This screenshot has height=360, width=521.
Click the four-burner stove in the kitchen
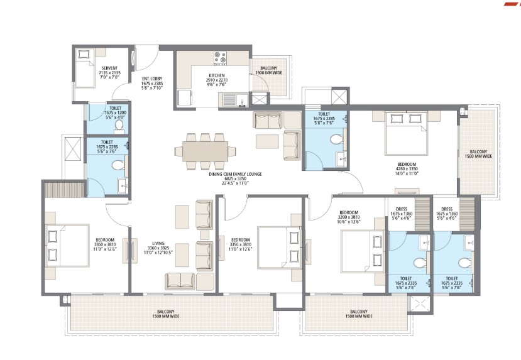coord(220,58)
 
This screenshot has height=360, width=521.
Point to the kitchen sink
coord(230,99)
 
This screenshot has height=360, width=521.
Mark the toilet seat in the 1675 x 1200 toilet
coord(119,126)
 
